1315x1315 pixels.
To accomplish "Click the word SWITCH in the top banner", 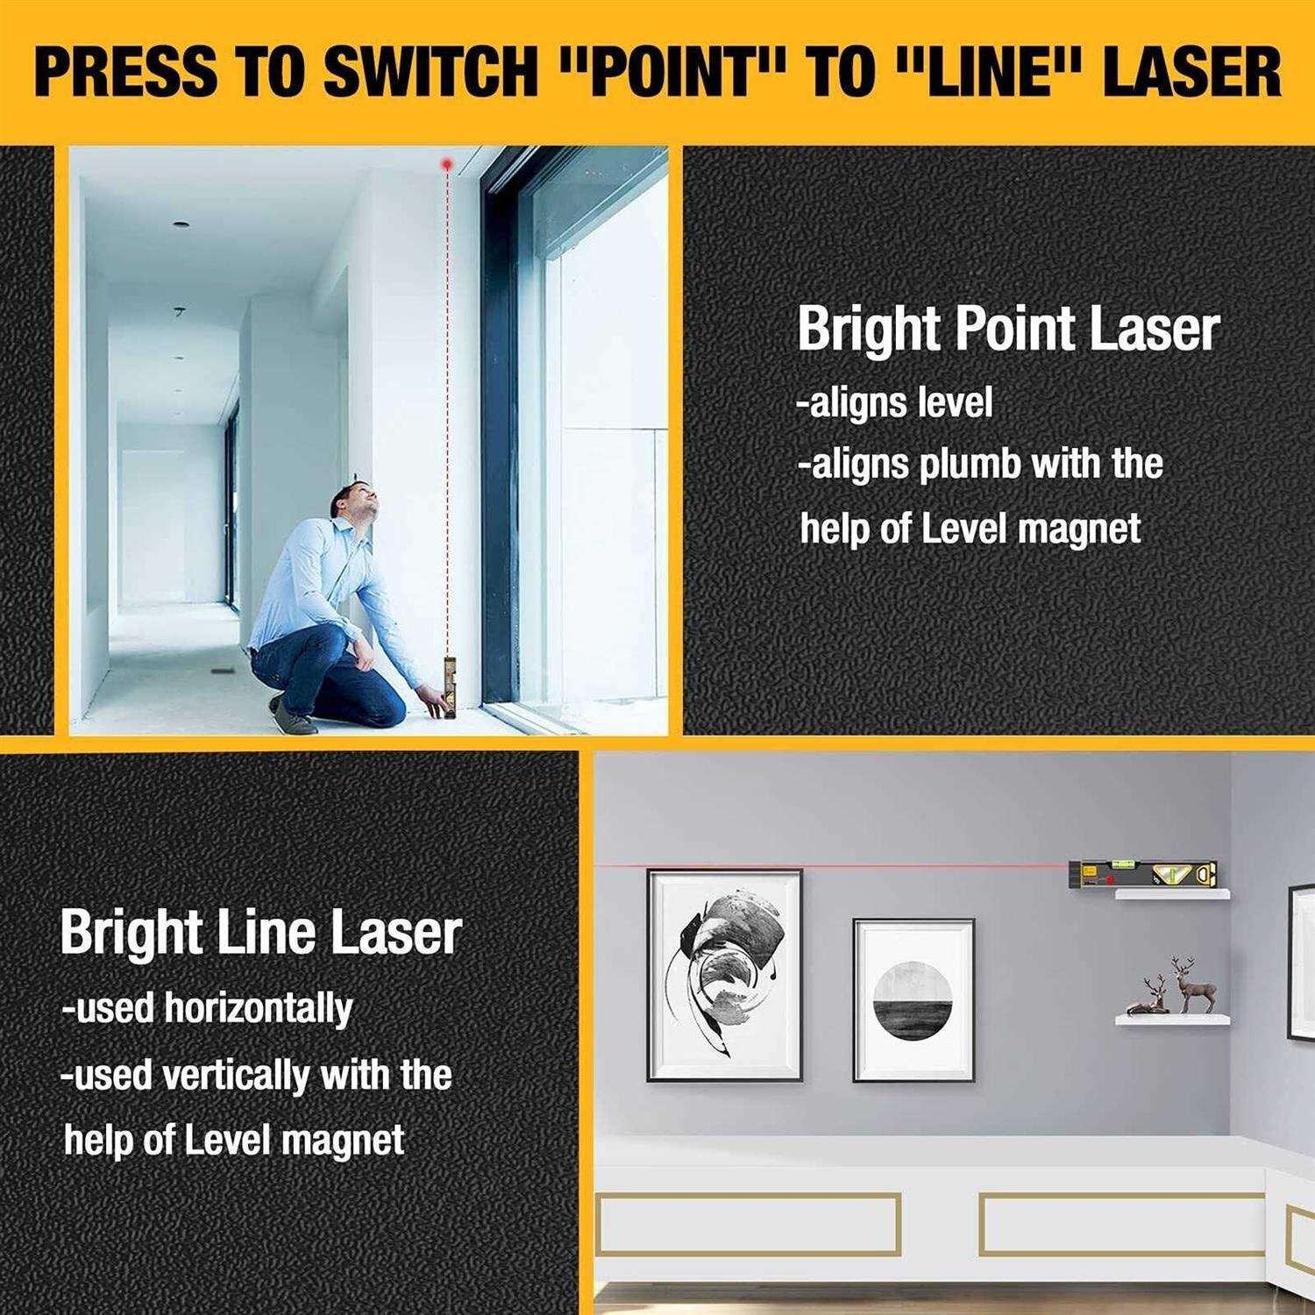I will (430, 72).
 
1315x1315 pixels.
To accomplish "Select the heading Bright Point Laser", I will (1007, 330).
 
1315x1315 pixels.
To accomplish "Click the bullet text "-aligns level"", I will (894, 403).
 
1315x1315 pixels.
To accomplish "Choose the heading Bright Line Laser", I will (260, 933).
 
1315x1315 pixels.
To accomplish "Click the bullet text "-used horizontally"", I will (207, 1008).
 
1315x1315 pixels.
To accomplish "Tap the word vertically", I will (236, 1075).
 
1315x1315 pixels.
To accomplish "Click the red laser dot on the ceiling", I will (446, 164).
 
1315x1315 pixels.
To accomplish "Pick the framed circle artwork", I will (913, 1000).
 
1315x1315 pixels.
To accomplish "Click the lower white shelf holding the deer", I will (1172, 1020).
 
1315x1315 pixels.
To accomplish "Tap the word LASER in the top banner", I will (1191, 72).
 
